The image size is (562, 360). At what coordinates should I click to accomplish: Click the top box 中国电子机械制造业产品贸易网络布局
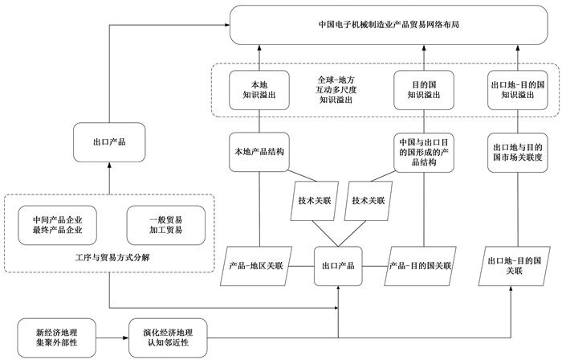[x=389, y=25]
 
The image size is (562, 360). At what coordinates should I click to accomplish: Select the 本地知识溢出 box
[x=259, y=90]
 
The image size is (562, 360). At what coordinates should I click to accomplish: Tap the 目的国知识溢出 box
[x=424, y=90]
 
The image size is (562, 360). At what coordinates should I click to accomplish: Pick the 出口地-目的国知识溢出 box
[x=518, y=90]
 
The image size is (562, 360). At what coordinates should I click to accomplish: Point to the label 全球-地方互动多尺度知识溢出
[x=336, y=90]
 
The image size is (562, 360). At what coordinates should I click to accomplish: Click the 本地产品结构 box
[x=259, y=152]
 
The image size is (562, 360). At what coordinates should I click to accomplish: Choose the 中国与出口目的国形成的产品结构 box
[x=424, y=152]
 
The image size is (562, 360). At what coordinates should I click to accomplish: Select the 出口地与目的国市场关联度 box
[x=518, y=152]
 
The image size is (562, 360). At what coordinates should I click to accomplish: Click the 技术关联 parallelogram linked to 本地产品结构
[x=315, y=201]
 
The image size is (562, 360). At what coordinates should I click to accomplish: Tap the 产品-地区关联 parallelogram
[x=256, y=266]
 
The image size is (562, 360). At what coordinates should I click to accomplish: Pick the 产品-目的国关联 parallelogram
[x=420, y=266]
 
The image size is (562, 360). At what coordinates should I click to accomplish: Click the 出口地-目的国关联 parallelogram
[x=515, y=266]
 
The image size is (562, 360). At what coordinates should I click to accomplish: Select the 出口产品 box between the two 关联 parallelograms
[x=338, y=266]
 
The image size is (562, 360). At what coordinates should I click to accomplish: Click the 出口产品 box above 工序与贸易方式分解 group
[x=109, y=142]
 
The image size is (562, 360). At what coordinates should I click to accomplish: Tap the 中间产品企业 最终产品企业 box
[x=57, y=225]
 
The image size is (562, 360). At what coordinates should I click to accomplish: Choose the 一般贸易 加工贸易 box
[x=166, y=225]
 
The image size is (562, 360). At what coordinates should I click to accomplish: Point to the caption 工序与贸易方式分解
[x=112, y=258]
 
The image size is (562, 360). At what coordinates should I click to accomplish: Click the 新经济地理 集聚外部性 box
[x=57, y=337]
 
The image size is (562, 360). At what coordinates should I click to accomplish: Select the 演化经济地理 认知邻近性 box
[x=168, y=337]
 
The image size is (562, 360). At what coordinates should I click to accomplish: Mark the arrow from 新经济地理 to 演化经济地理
[x=112, y=337]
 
